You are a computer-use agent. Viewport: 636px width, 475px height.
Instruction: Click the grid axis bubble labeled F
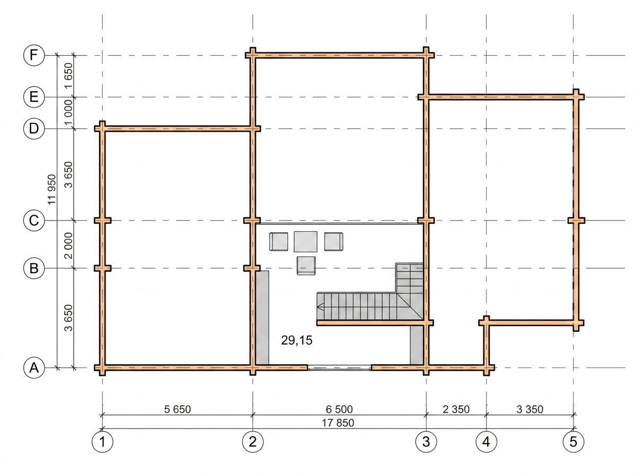(34, 55)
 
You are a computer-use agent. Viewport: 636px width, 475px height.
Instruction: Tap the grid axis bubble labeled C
(34, 220)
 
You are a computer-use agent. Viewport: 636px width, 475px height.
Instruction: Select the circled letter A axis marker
(34, 368)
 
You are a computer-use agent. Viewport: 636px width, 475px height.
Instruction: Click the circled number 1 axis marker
(102, 442)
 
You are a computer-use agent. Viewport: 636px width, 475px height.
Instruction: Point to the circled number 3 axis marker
(426, 442)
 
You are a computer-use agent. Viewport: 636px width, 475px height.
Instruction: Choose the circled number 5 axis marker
(573, 442)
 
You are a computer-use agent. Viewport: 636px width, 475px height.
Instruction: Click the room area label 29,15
(297, 340)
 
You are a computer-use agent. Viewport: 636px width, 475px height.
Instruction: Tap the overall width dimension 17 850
(338, 423)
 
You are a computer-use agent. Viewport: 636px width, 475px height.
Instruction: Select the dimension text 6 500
(339, 409)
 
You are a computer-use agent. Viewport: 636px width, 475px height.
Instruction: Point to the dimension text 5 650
(178, 409)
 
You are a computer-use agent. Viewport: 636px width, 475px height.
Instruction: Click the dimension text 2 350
(456, 409)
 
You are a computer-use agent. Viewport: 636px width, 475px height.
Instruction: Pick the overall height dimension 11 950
(51, 190)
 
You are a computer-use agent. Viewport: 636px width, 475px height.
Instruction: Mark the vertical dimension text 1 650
(69, 76)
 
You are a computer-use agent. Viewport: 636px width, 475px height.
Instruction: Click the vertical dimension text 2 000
(69, 245)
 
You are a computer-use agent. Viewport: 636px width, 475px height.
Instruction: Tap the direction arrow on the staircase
(321, 306)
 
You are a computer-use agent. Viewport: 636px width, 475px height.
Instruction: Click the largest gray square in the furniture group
(305, 242)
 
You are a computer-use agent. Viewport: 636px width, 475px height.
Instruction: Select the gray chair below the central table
(306, 266)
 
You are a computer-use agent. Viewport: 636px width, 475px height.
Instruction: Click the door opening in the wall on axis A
(339, 368)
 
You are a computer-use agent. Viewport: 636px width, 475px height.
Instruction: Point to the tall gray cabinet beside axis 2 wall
(262, 318)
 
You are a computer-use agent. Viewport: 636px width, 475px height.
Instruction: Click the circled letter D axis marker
(34, 128)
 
